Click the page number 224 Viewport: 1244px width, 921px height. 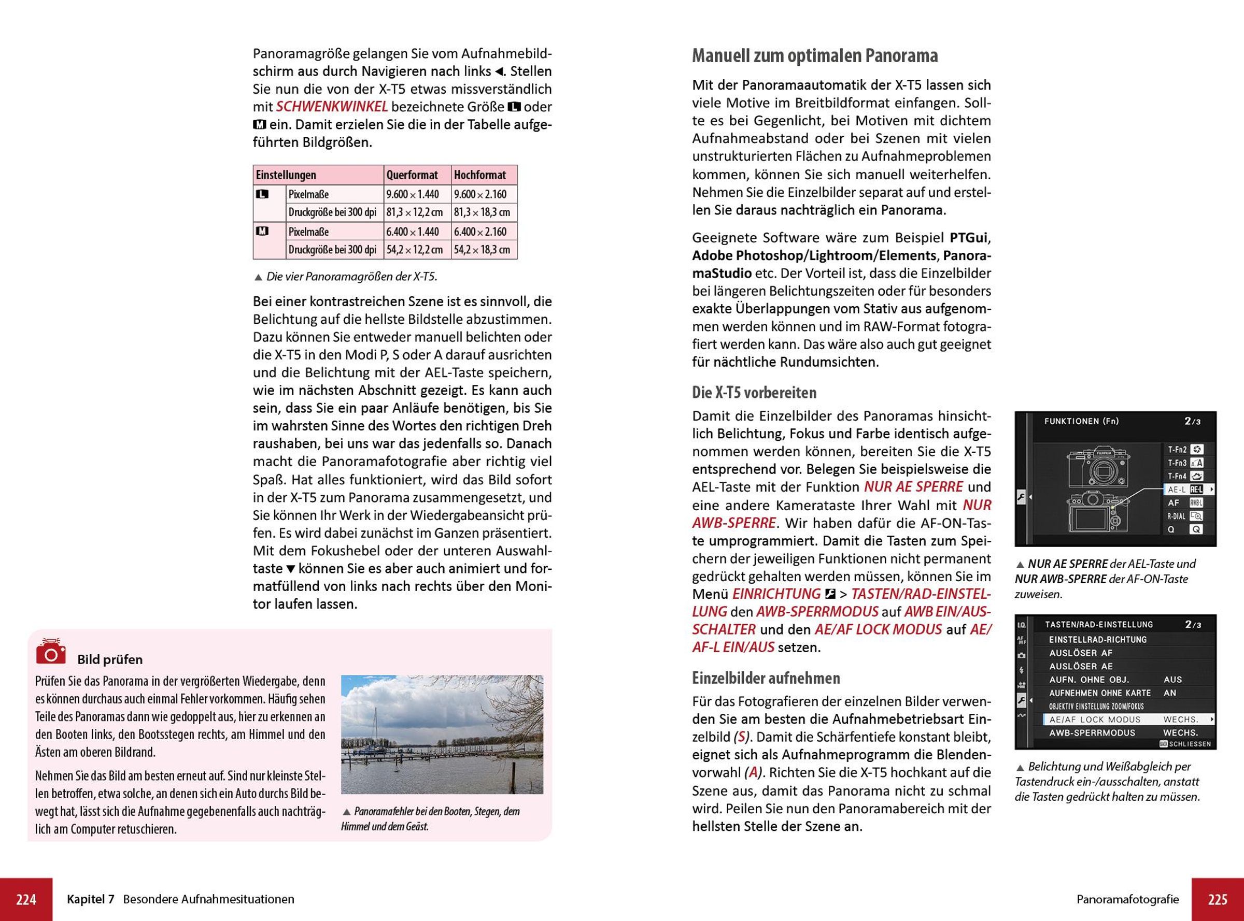(x=26, y=899)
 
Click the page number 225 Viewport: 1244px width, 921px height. (x=1218, y=899)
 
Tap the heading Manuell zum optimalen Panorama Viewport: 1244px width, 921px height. (x=814, y=56)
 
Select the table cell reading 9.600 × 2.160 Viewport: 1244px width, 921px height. (x=480, y=195)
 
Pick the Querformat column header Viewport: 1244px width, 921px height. (x=412, y=175)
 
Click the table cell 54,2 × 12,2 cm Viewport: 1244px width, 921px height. (x=415, y=250)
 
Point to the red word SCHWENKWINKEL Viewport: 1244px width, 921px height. (x=332, y=107)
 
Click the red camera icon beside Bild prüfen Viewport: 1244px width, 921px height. (x=51, y=652)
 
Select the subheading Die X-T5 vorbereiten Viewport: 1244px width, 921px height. (x=754, y=393)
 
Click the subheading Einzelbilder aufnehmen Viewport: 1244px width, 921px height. (x=766, y=678)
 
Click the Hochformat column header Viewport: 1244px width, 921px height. (x=480, y=175)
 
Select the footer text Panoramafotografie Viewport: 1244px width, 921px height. (x=1127, y=899)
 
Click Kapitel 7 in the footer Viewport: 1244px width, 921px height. (x=90, y=899)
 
